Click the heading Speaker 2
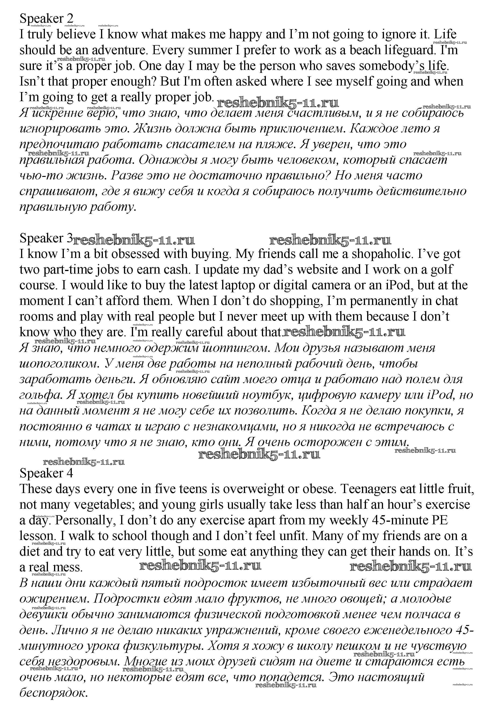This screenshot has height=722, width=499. pos(46,19)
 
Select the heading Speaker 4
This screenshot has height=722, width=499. pos(46,473)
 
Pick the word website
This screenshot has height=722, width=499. pos(317,270)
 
